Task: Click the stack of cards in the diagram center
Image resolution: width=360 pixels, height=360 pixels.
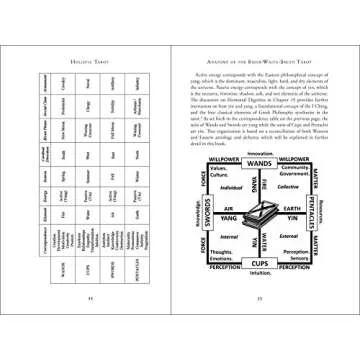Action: click(x=269, y=222)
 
